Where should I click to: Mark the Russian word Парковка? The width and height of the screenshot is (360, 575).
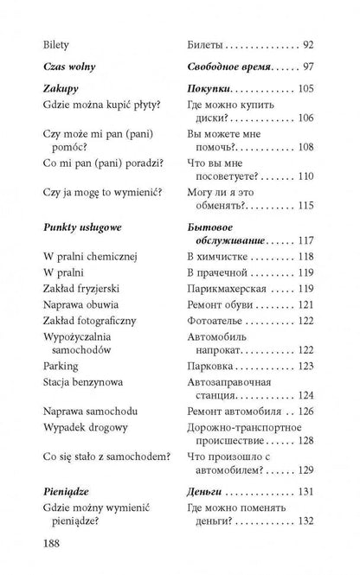point(213,367)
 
